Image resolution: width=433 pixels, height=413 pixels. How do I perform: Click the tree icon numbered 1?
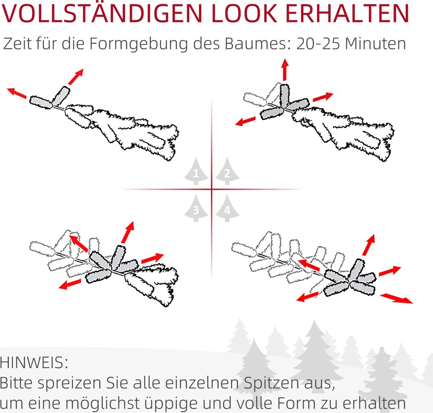click(x=196, y=172)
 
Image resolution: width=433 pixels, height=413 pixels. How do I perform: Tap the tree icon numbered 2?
click(x=227, y=172)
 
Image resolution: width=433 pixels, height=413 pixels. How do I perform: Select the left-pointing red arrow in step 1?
click(x=17, y=92)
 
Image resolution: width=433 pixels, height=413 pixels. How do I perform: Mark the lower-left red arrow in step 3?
click(x=70, y=284)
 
